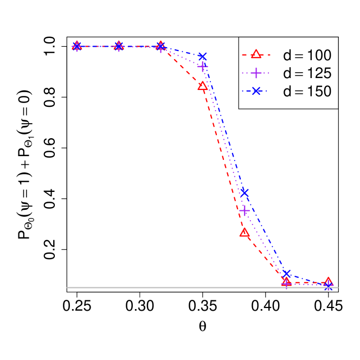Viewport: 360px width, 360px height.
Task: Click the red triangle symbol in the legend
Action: (x=256, y=54)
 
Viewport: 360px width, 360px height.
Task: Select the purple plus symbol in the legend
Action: (x=256, y=73)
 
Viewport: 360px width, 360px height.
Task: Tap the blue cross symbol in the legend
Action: (x=256, y=91)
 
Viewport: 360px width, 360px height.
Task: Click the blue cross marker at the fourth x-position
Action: (x=203, y=56)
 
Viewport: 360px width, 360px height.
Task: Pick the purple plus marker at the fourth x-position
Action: (x=203, y=66)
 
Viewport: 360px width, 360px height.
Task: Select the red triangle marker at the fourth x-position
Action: (x=203, y=86)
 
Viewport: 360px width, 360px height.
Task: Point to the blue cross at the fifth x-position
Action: (x=245, y=192)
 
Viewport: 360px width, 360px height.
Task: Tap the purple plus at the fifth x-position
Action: (x=245, y=210)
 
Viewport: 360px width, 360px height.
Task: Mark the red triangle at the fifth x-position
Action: (x=245, y=233)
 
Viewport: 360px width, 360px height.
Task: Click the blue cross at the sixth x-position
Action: (x=287, y=274)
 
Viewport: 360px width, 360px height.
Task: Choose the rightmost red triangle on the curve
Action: (x=329, y=281)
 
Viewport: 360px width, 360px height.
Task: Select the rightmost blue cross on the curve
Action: (x=329, y=286)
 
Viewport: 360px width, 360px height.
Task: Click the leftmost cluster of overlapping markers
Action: (x=77, y=46)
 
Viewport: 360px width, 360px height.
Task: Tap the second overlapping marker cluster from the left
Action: (x=119, y=46)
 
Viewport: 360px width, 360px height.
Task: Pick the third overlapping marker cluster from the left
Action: (x=160, y=46)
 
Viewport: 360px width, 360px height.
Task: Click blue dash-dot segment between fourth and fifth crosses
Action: (x=223, y=124)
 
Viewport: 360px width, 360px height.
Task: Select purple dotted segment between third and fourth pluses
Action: (x=182, y=56)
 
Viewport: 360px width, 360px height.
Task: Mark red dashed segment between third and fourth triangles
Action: (x=182, y=66)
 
